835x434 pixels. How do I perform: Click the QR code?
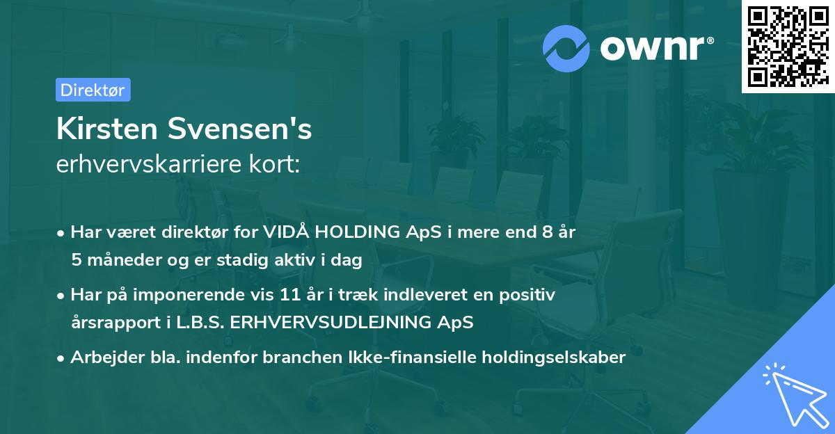click(x=788, y=47)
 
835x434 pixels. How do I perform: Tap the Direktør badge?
click(x=93, y=90)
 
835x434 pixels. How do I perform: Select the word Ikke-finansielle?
click(x=411, y=357)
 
